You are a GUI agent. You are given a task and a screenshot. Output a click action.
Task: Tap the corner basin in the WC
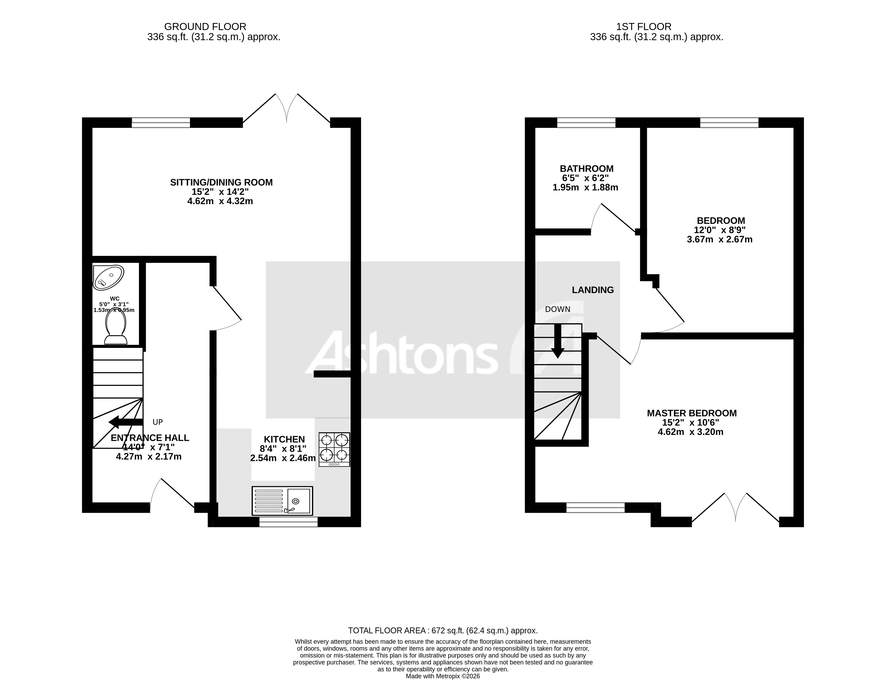[108, 277]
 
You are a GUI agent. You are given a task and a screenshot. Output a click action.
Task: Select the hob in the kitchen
[334, 449]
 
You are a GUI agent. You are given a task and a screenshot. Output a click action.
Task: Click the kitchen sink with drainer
[282, 501]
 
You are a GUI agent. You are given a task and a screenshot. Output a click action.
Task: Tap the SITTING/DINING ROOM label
[221, 183]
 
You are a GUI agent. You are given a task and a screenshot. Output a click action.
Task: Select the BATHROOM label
[586, 169]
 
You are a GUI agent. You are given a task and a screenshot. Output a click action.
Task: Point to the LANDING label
[592, 290]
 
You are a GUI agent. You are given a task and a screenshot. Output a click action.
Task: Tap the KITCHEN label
[284, 440]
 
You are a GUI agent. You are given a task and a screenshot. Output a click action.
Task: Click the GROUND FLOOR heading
[205, 27]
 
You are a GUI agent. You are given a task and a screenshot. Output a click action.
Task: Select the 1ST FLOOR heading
[643, 27]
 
